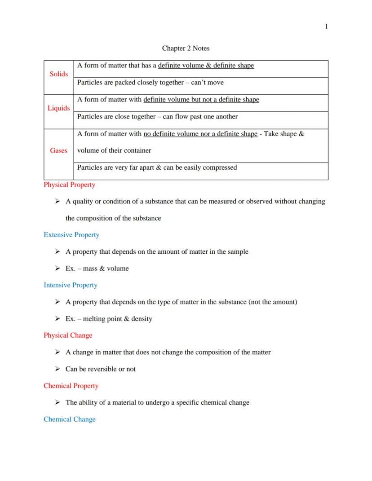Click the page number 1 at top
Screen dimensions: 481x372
coord(326,26)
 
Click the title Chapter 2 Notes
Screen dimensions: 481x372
coord(186,48)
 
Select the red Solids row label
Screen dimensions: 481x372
coord(59,74)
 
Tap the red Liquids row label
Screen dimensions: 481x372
coord(59,108)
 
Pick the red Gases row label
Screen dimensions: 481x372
coord(59,150)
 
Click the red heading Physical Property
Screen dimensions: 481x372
coord(69,185)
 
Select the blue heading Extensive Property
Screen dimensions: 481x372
coord(71,235)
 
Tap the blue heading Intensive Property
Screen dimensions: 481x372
coord(71,285)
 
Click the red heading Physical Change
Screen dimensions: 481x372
coord(68,335)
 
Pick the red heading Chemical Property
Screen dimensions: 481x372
coord(71,386)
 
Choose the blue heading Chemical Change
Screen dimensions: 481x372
coord(70,419)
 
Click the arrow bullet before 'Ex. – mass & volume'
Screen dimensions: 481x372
coord(58,269)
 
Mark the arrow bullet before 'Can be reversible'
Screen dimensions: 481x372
coord(58,369)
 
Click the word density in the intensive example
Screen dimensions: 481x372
coord(142,319)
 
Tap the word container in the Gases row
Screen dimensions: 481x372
coord(137,150)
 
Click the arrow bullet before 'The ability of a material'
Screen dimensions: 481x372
coord(58,402)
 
